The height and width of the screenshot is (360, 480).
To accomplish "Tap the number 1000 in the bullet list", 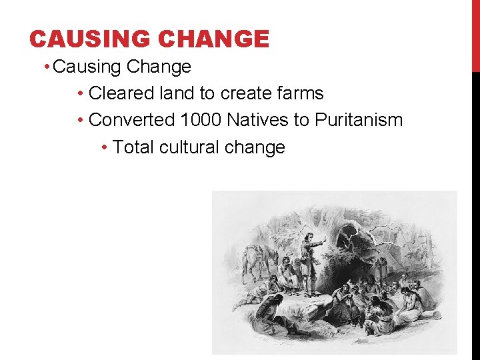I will click(x=201, y=120).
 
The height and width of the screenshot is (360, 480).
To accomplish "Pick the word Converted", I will click(x=131, y=120).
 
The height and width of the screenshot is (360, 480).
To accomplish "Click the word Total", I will click(x=134, y=147).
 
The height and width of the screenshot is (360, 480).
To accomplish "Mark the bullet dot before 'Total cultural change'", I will click(x=105, y=147).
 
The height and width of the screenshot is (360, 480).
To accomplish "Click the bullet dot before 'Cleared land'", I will click(x=80, y=94).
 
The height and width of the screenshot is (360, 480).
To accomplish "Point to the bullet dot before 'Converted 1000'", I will click(x=80, y=121).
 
